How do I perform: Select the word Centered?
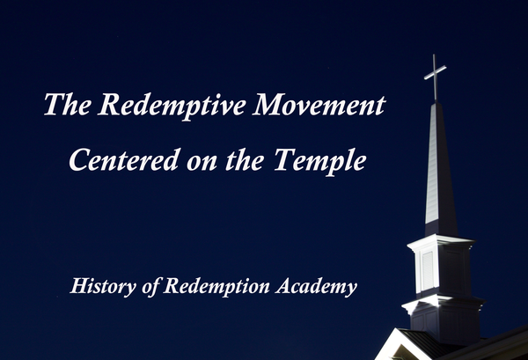click(121, 159)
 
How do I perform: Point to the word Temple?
click(326, 159)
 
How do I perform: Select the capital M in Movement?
click(267, 106)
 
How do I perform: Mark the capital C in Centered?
click(78, 159)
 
